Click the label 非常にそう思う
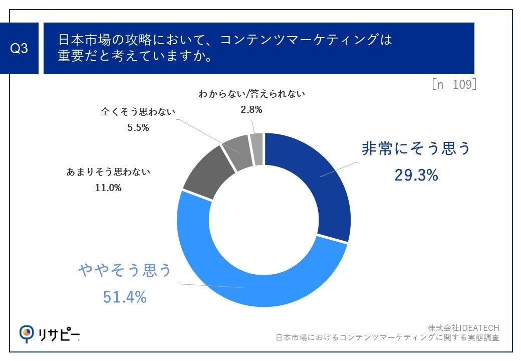[416, 149]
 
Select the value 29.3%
[416, 175]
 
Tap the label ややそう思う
[125, 271]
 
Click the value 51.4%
[125, 297]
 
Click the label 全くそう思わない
[138, 111]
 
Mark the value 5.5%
[138, 127]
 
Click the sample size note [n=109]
[454, 84]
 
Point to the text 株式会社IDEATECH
[463, 327]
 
